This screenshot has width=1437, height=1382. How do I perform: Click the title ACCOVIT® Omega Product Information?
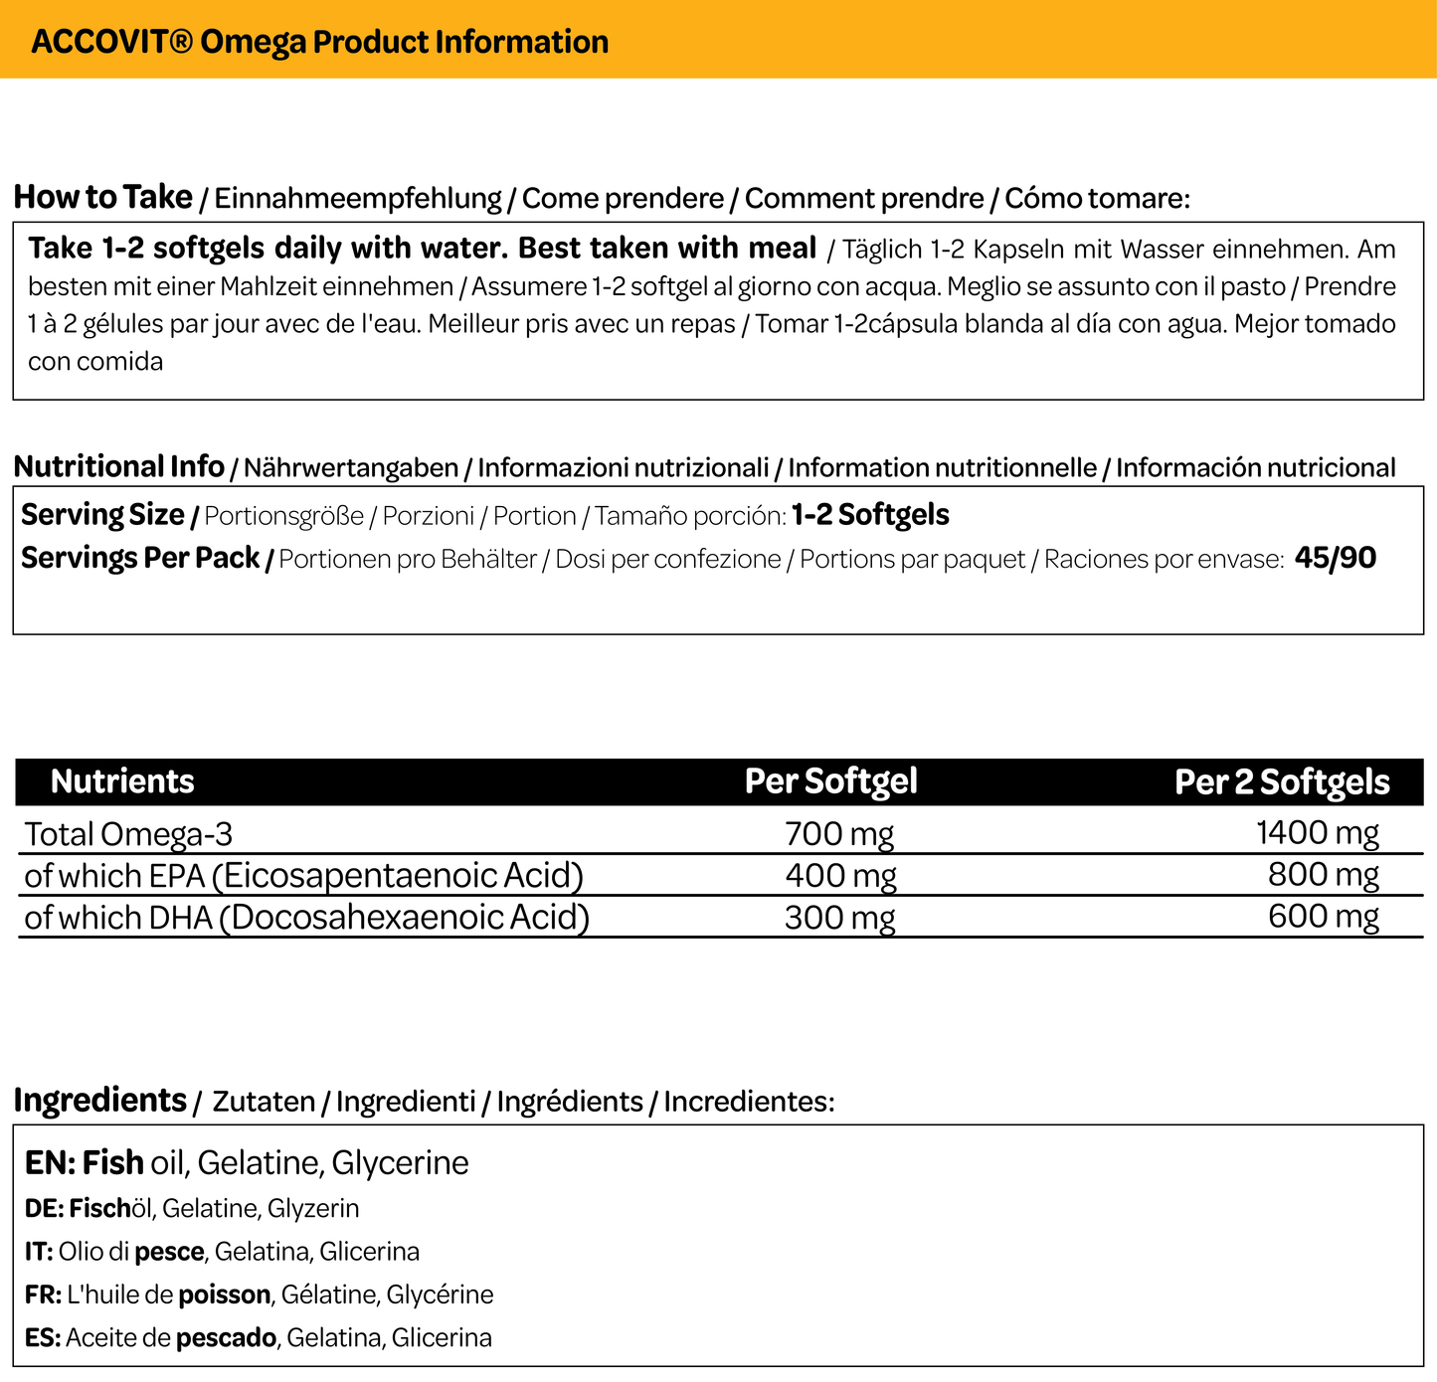[x=319, y=42]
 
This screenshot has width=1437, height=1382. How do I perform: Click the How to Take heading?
[x=102, y=197]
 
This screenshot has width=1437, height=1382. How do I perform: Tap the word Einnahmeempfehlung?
[x=358, y=199]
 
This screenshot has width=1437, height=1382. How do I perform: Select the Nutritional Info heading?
[x=118, y=466]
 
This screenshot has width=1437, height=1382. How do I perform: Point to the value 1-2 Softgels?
[x=870, y=515]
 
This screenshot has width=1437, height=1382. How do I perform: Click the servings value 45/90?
[x=1335, y=558]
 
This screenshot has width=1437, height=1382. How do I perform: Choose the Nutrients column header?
[x=122, y=781]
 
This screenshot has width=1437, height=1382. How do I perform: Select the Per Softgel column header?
[x=830, y=781]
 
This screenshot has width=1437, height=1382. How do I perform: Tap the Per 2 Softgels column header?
[x=1281, y=782]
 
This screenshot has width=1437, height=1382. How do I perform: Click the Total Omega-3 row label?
[x=128, y=833]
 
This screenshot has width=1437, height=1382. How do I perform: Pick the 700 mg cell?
[x=838, y=833]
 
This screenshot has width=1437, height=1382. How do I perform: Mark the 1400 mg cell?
[x=1317, y=833]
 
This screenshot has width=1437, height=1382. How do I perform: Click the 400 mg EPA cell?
[x=840, y=876]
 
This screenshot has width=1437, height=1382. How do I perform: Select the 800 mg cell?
[x=1323, y=875]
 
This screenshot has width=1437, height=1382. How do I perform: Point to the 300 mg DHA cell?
[x=839, y=918]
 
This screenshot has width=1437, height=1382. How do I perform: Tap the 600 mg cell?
[x=1323, y=916]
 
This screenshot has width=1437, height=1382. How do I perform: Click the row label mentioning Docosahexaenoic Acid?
[x=306, y=918]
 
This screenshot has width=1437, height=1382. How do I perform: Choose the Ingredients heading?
[x=100, y=1101]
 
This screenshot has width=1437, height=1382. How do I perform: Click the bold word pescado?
[x=226, y=1338]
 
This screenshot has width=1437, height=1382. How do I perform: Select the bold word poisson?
[x=224, y=1295]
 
